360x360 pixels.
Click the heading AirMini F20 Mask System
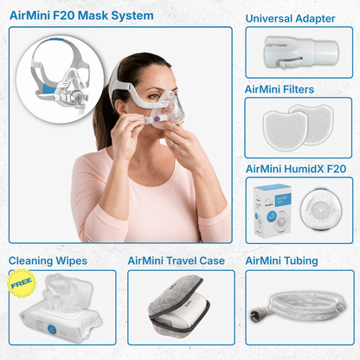pyautogui.click(x=81, y=16)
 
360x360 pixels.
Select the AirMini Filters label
pyautogui.click(x=280, y=88)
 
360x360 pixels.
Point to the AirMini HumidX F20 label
pyautogui.click(x=295, y=168)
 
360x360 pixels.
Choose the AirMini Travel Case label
pyautogui.click(x=176, y=260)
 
